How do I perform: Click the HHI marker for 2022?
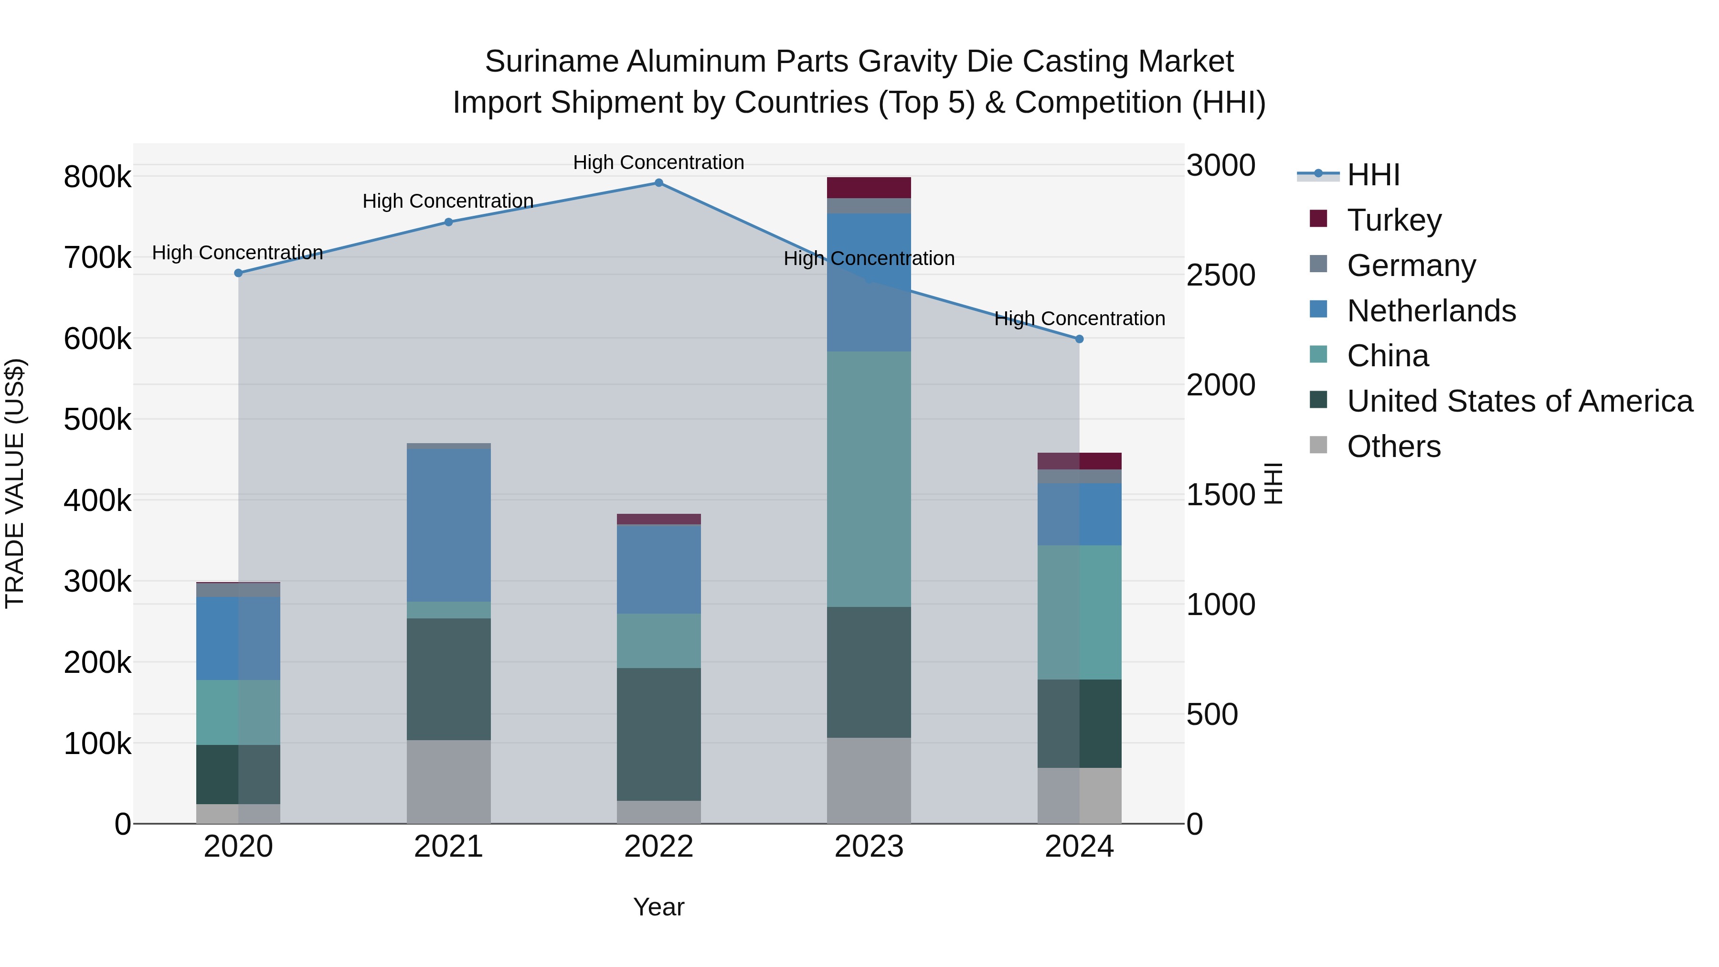[x=658, y=183]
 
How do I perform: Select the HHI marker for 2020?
[x=238, y=273]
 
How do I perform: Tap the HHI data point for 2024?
[x=1079, y=339]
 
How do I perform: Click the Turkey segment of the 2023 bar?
[x=869, y=188]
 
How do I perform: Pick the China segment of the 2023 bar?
[x=869, y=478]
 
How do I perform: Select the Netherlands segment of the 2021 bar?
[x=448, y=525]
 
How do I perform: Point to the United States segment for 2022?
[x=658, y=734]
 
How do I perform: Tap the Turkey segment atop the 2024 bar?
[x=1079, y=461]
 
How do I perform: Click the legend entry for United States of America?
[x=1519, y=401]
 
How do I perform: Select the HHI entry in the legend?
[x=1373, y=175]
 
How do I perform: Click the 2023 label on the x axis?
[x=869, y=847]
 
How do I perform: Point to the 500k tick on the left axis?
[x=97, y=420]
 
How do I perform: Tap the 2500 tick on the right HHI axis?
[x=1220, y=275]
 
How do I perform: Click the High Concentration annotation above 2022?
[x=658, y=162]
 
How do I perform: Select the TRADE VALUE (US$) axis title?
[x=15, y=483]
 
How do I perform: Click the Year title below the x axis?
[x=658, y=907]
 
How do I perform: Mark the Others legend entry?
[x=1393, y=446]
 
